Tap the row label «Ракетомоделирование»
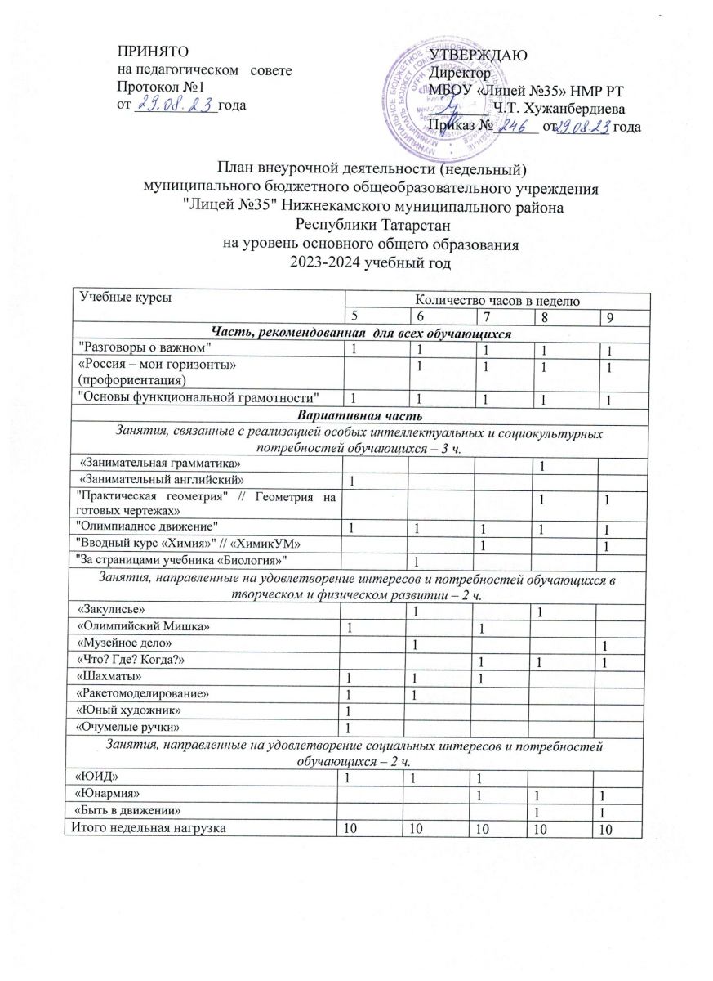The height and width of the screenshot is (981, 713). point(136,692)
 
